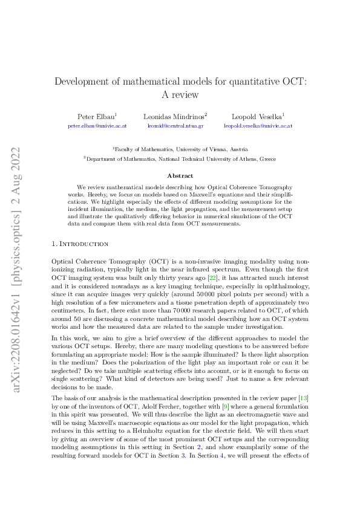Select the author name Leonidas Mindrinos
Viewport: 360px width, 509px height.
(174, 115)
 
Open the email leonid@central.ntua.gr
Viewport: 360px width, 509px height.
(175, 126)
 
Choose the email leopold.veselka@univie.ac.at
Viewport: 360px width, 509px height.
(258, 126)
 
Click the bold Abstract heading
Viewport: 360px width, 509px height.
(180, 176)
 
